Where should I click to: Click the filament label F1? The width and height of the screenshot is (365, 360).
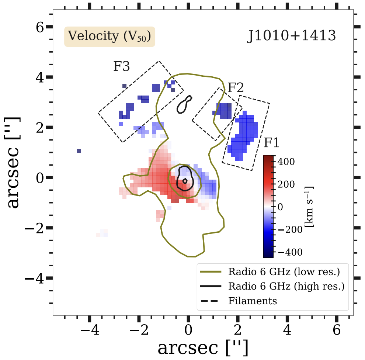(272, 142)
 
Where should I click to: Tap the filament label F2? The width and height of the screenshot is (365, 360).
(236, 88)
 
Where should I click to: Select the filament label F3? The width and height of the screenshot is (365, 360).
(121, 67)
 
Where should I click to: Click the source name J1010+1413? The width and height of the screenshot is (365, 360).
(291, 37)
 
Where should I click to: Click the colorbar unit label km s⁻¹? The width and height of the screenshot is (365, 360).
(309, 207)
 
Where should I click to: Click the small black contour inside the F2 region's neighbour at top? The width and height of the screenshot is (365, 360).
(184, 105)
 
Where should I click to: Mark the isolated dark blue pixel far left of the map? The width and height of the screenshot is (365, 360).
(79, 151)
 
